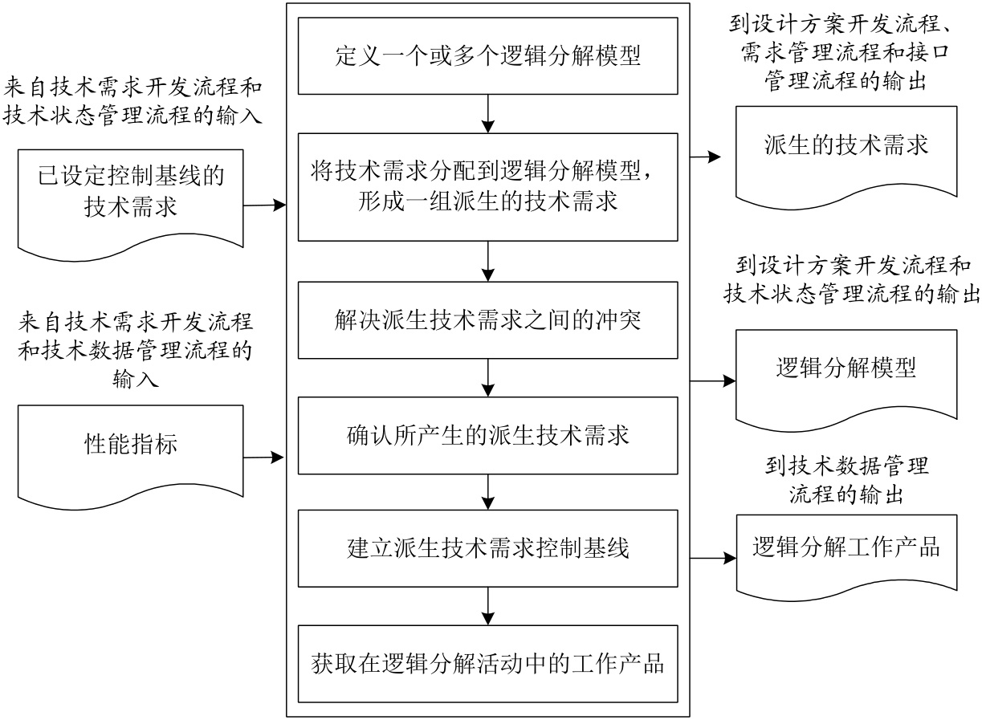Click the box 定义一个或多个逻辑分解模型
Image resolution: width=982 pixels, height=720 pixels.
point(487,55)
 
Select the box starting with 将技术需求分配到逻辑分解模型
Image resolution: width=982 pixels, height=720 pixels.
point(487,186)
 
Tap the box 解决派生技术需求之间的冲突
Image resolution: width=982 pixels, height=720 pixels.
point(487,319)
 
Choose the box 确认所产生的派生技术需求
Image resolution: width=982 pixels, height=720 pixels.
point(487,434)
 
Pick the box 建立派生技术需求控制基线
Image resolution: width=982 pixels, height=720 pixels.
point(487,549)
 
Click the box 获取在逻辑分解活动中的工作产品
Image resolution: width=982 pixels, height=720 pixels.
point(487,664)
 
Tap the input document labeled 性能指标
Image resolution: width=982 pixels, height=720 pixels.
point(130,443)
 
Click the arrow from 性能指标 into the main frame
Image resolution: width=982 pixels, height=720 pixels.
point(264,458)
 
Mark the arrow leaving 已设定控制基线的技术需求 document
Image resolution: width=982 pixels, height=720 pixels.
point(264,205)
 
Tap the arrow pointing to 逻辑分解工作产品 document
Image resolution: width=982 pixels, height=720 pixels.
point(711,556)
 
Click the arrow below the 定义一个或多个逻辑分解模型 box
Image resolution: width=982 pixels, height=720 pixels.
point(487,113)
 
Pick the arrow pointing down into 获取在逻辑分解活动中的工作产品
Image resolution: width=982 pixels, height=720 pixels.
point(487,607)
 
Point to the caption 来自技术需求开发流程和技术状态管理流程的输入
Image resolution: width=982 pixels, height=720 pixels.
point(133,98)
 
